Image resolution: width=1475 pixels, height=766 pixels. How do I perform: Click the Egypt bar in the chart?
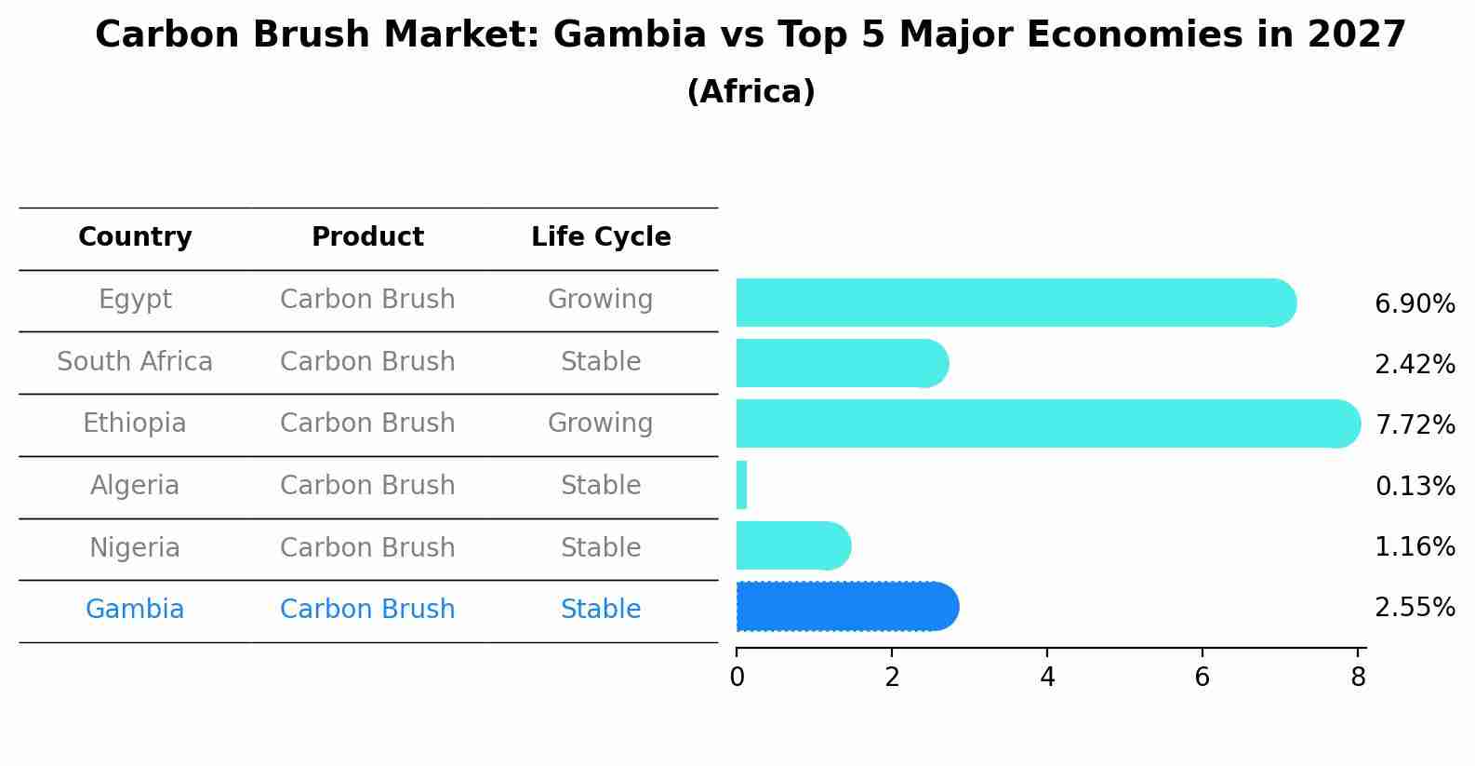pos(1014,302)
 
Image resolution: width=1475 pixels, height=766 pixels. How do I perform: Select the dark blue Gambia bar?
pos(846,607)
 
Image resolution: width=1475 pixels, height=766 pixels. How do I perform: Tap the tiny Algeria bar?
pos(741,485)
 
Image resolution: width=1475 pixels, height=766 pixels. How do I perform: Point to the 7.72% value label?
pos(1414,425)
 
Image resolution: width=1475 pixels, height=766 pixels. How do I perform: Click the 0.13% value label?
pos(1414,486)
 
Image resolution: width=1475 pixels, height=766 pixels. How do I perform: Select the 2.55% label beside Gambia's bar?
pos(1414,608)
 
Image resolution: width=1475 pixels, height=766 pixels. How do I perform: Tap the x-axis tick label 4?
pos(1047,678)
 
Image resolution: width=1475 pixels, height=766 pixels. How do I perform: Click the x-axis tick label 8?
pos(1358,678)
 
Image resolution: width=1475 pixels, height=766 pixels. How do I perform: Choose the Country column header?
pos(135,237)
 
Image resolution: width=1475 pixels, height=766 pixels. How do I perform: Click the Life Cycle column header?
pos(601,237)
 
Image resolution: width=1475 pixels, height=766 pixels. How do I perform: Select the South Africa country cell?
pos(135,361)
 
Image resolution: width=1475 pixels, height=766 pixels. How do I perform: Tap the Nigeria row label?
pos(135,547)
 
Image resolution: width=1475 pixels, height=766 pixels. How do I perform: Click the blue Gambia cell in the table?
pos(135,610)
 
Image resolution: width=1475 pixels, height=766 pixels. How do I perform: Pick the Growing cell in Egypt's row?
pos(600,300)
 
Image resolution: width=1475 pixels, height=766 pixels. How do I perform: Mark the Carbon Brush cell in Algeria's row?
pos(367,486)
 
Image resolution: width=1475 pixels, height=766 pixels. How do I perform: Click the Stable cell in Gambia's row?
pos(600,610)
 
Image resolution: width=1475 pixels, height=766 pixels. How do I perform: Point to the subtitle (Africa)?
pos(751,92)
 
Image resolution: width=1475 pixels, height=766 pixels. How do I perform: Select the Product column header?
pos(367,237)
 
